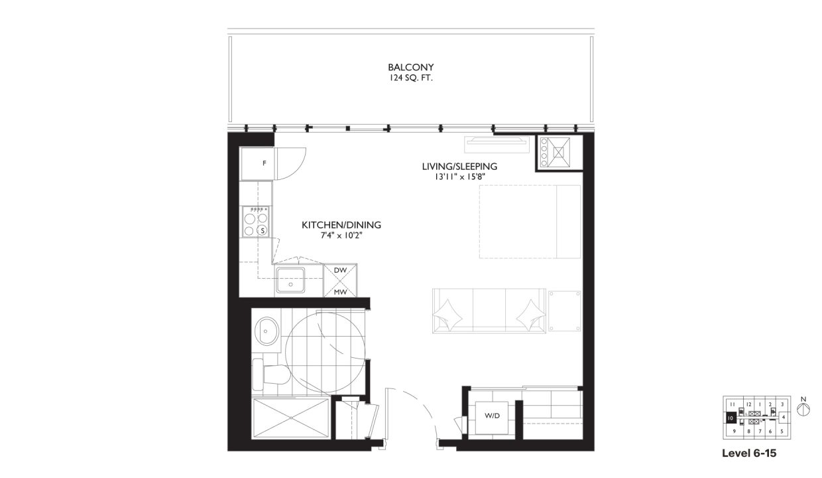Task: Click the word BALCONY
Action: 410,67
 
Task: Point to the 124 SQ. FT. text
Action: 411,78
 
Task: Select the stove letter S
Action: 263,231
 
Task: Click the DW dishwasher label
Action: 340,270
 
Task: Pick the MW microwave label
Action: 340,292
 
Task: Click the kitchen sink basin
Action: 290,280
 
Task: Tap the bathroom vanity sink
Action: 266,331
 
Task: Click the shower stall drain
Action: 291,418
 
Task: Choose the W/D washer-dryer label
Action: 492,416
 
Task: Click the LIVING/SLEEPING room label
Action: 459,167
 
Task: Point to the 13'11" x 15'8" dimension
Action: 460,177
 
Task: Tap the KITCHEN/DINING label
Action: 341,225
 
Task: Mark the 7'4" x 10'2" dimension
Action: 341,236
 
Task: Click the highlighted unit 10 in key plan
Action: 731,418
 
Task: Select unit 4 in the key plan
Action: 783,418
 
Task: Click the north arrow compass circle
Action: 803,410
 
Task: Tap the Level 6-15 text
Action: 749,453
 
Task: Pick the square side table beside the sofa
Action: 564,311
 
